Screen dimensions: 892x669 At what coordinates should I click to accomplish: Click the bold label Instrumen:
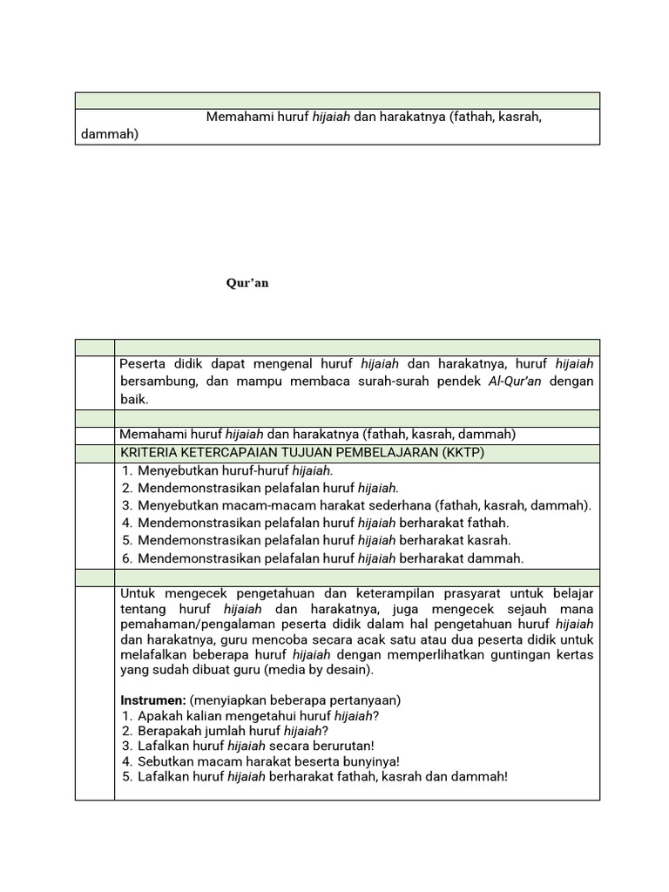[152, 699]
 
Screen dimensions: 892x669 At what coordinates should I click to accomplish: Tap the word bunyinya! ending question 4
[370, 760]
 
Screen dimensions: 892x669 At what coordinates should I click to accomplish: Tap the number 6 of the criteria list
[126, 558]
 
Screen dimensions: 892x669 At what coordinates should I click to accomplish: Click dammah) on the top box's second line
[109, 134]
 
